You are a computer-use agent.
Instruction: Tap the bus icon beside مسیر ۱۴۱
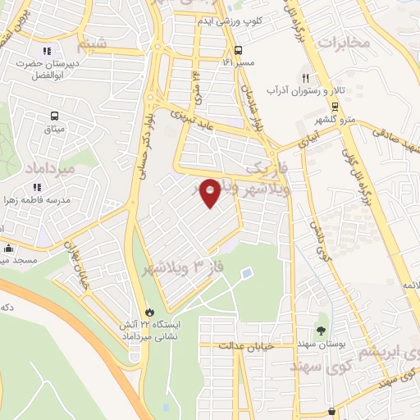click(237, 48)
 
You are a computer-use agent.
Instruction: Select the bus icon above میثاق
click(54, 116)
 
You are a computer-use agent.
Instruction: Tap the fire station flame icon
click(149, 312)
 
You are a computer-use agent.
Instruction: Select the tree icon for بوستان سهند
click(321, 331)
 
